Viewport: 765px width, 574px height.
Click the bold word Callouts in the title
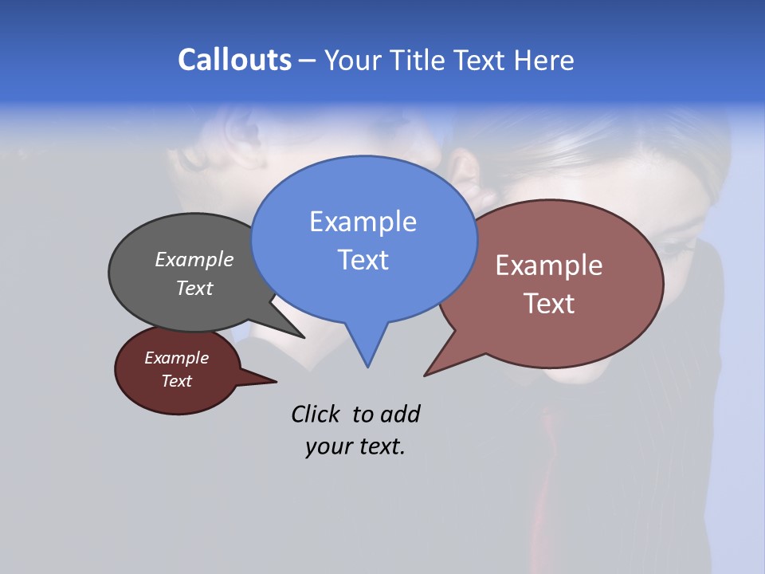click(234, 61)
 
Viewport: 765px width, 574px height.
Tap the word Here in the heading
click(544, 61)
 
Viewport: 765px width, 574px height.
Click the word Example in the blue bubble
click(363, 222)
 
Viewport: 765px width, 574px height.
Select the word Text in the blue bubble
click(363, 260)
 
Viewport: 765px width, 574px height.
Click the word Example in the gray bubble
click(194, 259)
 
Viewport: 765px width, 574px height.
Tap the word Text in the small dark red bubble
click(177, 381)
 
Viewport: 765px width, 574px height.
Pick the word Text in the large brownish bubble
click(549, 304)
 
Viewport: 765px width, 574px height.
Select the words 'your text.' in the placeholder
click(355, 446)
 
